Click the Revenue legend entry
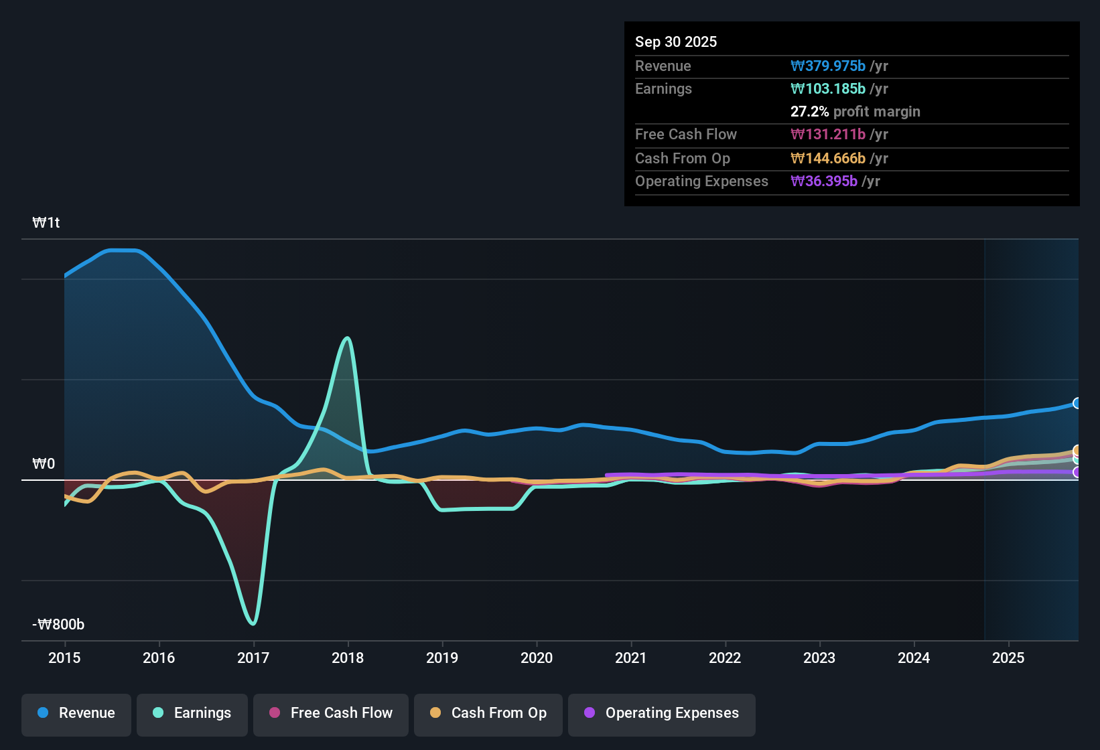coord(76,713)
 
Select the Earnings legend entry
coord(192,713)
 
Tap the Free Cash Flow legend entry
coord(331,713)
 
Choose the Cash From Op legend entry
coord(488,713)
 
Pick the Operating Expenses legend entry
coord(662,713)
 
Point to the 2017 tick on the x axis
coord(253,658)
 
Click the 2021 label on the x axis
coord(630,658)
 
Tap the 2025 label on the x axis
coord(1008,658)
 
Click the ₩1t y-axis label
coord(46,223)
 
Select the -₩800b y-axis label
coord(58,625)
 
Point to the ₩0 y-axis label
coord(44,464)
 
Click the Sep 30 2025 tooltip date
coord(675,42)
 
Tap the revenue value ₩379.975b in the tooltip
coord(828,66)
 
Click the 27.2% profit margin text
coord(855,112)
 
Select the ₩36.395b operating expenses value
coord(824,181)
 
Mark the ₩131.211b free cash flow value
coord(828,135)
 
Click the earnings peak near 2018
coord(347,338)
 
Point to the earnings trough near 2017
coord(253,623)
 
